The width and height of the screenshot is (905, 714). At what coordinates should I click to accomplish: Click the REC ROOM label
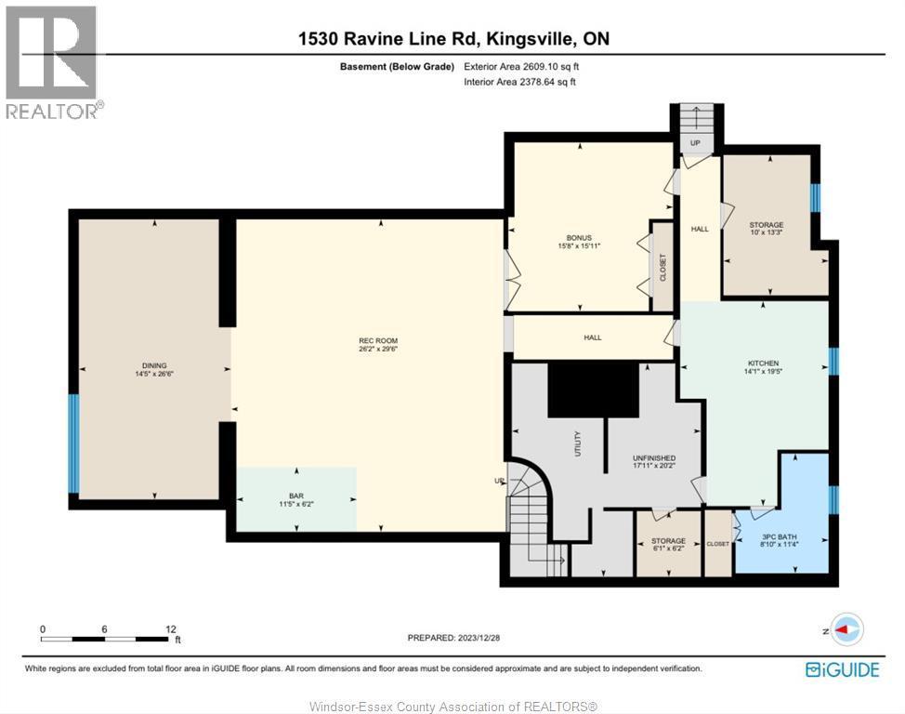378,340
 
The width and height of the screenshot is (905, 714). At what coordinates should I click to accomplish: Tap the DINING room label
154,365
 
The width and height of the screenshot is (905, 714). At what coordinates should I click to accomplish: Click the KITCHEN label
764,364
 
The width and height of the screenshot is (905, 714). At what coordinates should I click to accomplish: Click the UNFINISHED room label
654,458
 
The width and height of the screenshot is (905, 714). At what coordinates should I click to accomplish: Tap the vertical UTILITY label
577,441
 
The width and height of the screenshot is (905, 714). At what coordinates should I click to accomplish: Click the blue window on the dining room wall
73,443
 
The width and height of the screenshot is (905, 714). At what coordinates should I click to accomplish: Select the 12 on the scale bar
171,628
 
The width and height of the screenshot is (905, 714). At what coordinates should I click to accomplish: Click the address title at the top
453,39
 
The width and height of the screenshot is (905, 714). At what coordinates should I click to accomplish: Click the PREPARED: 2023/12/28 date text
452,637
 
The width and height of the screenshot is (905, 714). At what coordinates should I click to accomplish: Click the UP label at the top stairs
693,143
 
